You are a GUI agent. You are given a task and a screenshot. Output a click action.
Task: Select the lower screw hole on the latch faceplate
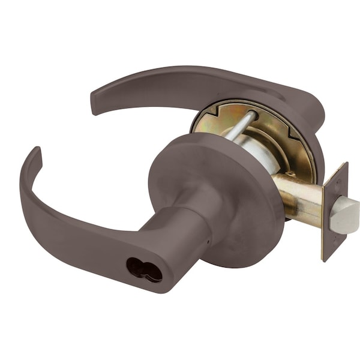click(329, 252)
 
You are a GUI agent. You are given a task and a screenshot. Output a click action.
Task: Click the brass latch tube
click(300, 198)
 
